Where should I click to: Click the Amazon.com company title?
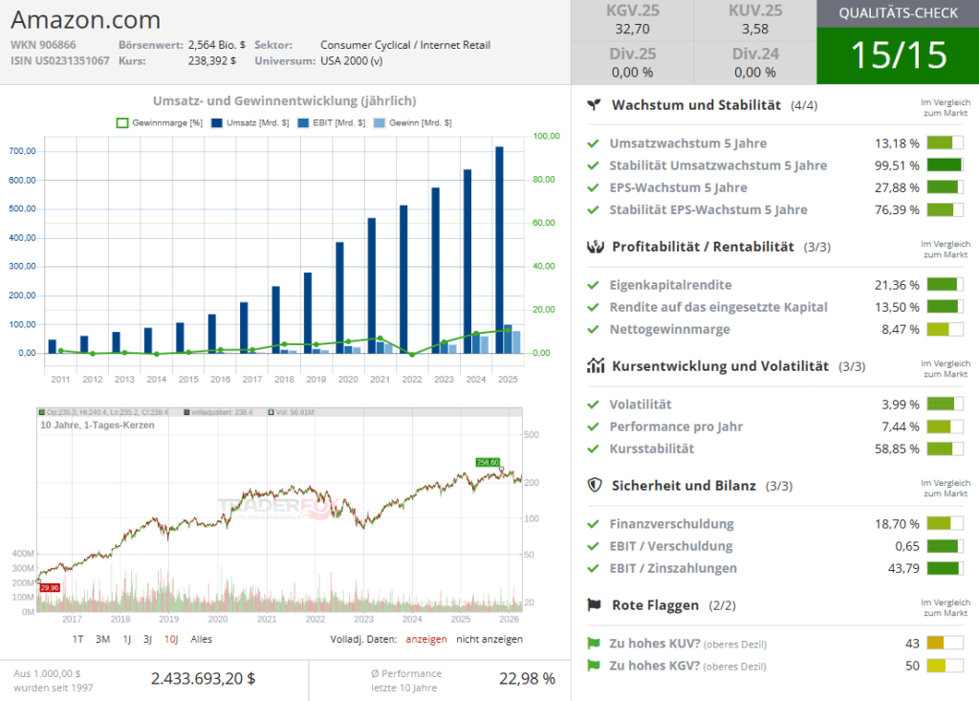pos(86,20)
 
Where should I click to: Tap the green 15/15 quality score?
pos(898,55)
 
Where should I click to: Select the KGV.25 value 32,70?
pos(632,30)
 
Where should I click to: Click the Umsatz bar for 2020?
pos(339,296)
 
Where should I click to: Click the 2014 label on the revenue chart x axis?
pos(157,380)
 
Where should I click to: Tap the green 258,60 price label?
pos(488,462)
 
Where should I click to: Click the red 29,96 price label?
pos(50,587)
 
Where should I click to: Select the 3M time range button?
pos(102,639)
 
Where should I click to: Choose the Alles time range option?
pos(201,639)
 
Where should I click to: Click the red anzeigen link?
pos(425,639)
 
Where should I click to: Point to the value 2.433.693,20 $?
pos(203,678)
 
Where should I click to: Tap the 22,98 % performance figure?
pos(527,678)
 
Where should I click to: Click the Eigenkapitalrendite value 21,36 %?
pos(897,285)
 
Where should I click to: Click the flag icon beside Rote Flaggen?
pos(594,605)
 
